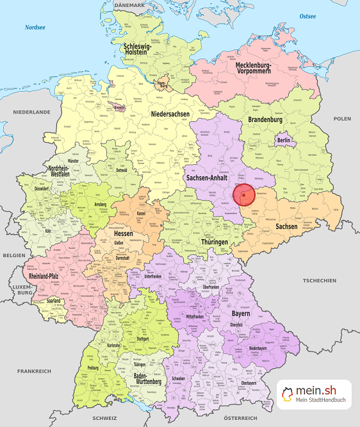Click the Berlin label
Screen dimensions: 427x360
tap(284, 140)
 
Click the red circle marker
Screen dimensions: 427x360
tap(243, 194)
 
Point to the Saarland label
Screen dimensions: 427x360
tap(54, 300)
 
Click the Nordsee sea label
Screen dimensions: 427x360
tap(36, 28)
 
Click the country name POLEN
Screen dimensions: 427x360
tap(342, 119)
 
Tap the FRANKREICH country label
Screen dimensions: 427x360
tap(34, 371)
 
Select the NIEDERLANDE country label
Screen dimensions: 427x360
tap(31, 112)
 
